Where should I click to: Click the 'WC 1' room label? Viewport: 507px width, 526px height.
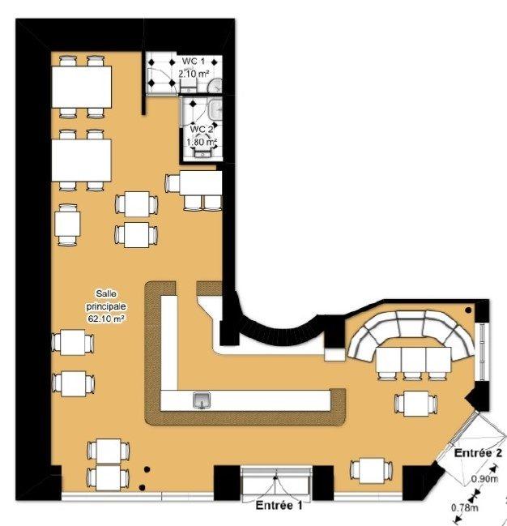pos(191,62)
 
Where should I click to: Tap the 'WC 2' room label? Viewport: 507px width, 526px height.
pos(201,129)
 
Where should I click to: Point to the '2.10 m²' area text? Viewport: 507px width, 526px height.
pos(193,74)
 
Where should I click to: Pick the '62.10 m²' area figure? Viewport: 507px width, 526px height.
pos(105,319)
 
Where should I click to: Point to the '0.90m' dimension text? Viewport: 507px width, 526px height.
pos(484,478)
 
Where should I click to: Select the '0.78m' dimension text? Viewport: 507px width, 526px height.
pos(465,508)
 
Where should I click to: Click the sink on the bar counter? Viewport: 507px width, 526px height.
pos(202,398)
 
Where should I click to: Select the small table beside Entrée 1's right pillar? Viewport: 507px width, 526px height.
pos(370,469)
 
